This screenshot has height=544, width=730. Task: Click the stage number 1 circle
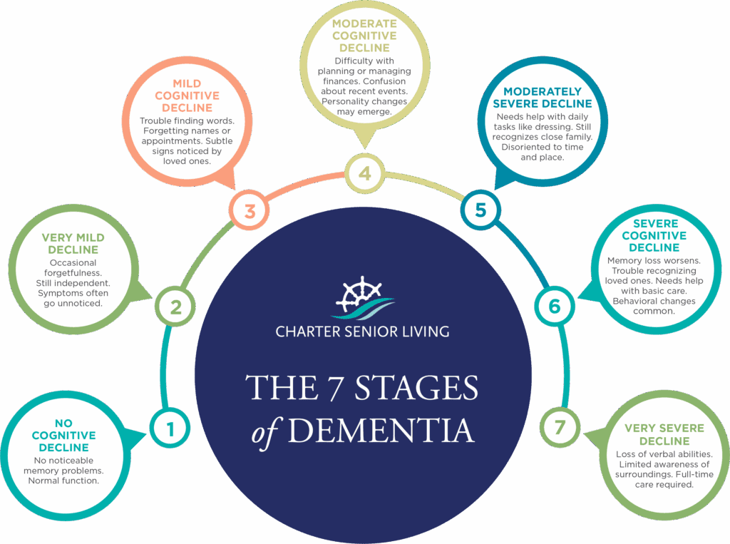[x=170, y=428]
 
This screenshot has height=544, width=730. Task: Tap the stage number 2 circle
[x=175, y=308]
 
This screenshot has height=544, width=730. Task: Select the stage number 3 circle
[x=250, y=211]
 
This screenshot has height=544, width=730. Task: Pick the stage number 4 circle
[x=364, y=173]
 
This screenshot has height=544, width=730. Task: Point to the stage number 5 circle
[x=480, y=210]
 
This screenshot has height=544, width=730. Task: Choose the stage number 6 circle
[x=554, y=307]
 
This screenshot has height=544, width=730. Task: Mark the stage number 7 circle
[x=560, y=428]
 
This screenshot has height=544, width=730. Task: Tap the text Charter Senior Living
[x=363, y=332]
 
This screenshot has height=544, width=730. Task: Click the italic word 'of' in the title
[x=264, y=431]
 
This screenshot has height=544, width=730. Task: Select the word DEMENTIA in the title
[x=381, y=429]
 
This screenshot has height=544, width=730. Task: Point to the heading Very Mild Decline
[x=73, y=244]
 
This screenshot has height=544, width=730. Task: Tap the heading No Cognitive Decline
[x=63, y=435]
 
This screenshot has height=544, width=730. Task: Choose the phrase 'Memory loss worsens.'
[x=654, y=261]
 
